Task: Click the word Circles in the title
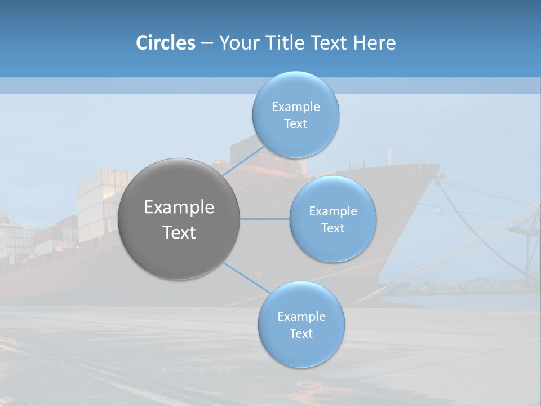[x=166, y=43]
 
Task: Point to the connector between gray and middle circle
[x=265, y=219]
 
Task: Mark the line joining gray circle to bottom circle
[x=247, y=277]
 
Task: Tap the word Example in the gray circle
[x=179, y=208]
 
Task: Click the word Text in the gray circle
[x=179, y=232]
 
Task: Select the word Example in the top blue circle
[x=295, y=107]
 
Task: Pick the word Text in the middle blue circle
[x=332, y=228]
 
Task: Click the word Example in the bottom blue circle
[x=301, y=317]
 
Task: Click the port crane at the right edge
[x=527, y=237]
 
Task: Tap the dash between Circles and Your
[x=207, y=43]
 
